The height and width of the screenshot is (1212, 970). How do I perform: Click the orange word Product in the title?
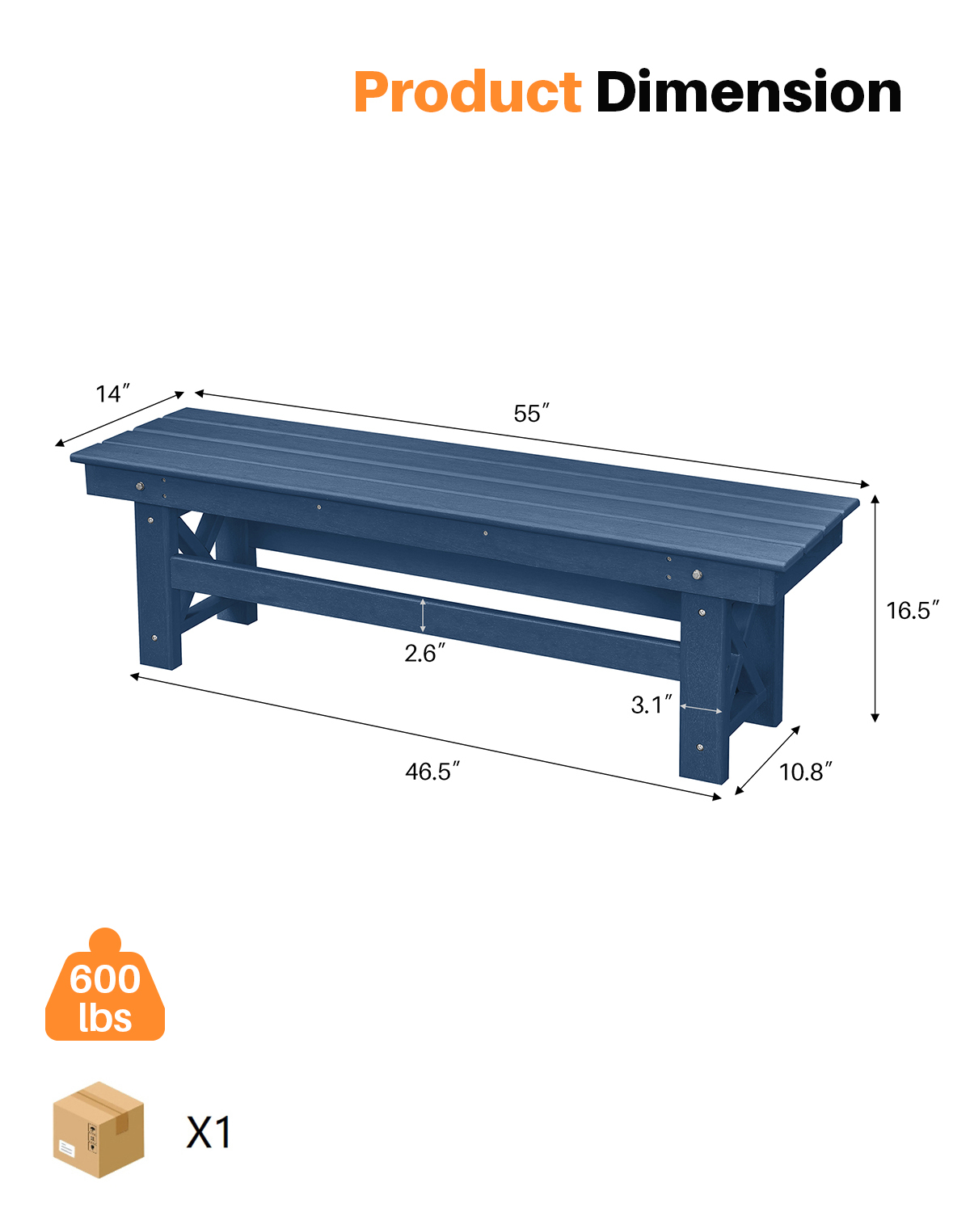click(x=467, y=92)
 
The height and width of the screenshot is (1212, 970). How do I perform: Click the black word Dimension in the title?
click(x=749, y=92)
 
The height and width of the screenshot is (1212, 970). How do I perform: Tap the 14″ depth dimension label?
click(x=112, y=394)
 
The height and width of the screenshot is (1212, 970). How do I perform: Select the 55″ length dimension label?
click(x=531, y=414)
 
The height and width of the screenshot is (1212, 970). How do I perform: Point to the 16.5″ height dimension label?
click(x=912, y=610)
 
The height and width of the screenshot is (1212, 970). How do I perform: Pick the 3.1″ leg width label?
click(x=651, y=705)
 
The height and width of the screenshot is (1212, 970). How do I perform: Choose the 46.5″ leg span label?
click(x=432, y=772)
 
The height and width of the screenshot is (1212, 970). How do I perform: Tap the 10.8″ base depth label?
click(x=805, y=772)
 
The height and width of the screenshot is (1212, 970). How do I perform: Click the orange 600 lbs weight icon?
click(x=105, y=990)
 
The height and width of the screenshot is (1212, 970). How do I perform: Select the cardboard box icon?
click(x=99, y=1130)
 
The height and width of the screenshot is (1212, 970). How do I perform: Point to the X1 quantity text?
click(x=209, y=1132)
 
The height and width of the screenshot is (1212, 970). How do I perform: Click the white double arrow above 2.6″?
click(x=423, y=616)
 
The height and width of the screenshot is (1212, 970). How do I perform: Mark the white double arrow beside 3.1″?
click(x=701, y=709)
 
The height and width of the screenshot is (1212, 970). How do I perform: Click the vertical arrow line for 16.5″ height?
click(x=875, y=608)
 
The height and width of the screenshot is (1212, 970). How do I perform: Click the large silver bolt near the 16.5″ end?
click(x=697, y=574)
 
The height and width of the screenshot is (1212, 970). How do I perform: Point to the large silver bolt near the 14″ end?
click(x=140, y=486)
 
